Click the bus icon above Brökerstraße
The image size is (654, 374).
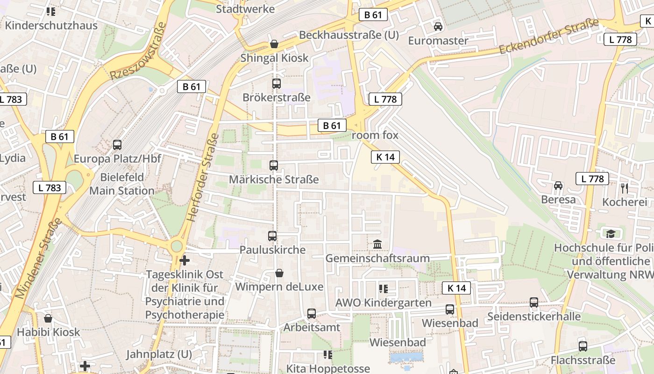coord(276,84)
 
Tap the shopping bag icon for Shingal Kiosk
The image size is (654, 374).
coord(274,44)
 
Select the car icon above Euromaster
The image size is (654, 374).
coord(438,27)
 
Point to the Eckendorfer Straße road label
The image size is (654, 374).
coord(548,36)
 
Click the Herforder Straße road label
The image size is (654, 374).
coord(202,178)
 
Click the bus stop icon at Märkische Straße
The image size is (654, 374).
coord(274,165)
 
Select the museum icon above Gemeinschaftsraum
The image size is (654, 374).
coord(377,244)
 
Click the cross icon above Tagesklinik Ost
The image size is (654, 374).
coord(185,260)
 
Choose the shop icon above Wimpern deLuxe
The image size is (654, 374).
coord(279,273)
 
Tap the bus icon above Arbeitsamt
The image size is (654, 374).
coord(312,313)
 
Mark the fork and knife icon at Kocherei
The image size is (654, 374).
coord(625,188)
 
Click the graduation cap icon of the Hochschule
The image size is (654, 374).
coord(610,233)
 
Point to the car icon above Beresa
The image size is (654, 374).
coord(558,186)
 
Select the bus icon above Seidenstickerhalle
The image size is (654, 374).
coord(534,302)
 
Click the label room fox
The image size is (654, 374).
coord(375,135)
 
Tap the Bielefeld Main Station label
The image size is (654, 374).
coord(122,184)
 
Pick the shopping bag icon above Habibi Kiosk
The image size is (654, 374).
coord(48,318)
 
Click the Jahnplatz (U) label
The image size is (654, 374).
coord(159,354)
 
